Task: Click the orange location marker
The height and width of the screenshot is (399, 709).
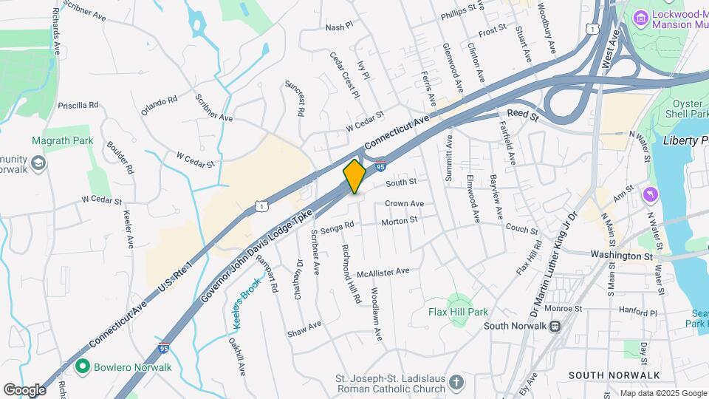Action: [354, 176]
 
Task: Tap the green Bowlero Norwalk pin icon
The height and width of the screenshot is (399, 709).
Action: [82, 366]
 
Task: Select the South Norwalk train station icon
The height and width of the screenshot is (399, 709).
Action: [554, 326]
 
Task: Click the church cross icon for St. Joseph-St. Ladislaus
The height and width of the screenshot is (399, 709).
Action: [456, 382]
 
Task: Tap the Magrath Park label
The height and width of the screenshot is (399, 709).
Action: [62, 140]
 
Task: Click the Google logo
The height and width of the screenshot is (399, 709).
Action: [24, 389]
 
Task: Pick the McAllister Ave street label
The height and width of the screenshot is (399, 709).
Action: [383, 271]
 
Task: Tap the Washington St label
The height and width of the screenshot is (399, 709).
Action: [622, 255]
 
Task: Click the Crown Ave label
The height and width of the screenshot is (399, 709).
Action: [404, 203]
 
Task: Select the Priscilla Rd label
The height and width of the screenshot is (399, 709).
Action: [83, 105]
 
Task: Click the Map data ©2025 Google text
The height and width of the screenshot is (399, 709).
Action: [662, 393]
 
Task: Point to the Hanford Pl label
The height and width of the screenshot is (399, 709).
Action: [638, 313]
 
